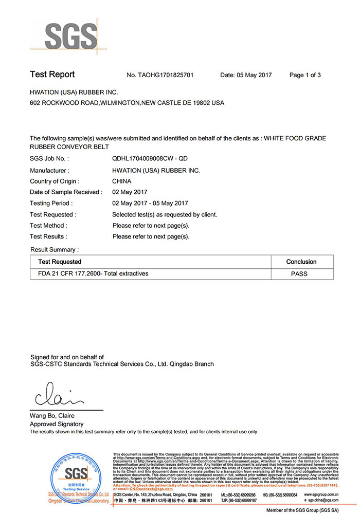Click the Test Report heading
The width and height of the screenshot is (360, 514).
point(52,75)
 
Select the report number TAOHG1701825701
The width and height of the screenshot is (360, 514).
point(160,75)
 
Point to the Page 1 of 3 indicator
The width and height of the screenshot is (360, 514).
point(305,75)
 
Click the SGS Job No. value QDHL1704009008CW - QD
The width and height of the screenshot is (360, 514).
point(153,159)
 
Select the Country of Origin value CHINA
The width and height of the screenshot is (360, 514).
point(122,181)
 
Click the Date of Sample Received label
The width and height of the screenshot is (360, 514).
point(66,192)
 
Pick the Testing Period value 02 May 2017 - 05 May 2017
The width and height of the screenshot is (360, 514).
point(150,203)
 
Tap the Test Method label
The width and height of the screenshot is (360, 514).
point(48,225)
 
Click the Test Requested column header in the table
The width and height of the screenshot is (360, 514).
point(60,262)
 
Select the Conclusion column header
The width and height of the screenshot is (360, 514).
point(301,262)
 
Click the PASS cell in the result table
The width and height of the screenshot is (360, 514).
point(299,274)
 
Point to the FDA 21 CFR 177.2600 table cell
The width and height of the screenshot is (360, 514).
point(93,273)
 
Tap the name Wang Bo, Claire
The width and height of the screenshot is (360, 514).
point(52,416)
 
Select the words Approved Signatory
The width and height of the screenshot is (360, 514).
point(57,424)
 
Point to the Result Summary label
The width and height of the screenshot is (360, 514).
point(55,249)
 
